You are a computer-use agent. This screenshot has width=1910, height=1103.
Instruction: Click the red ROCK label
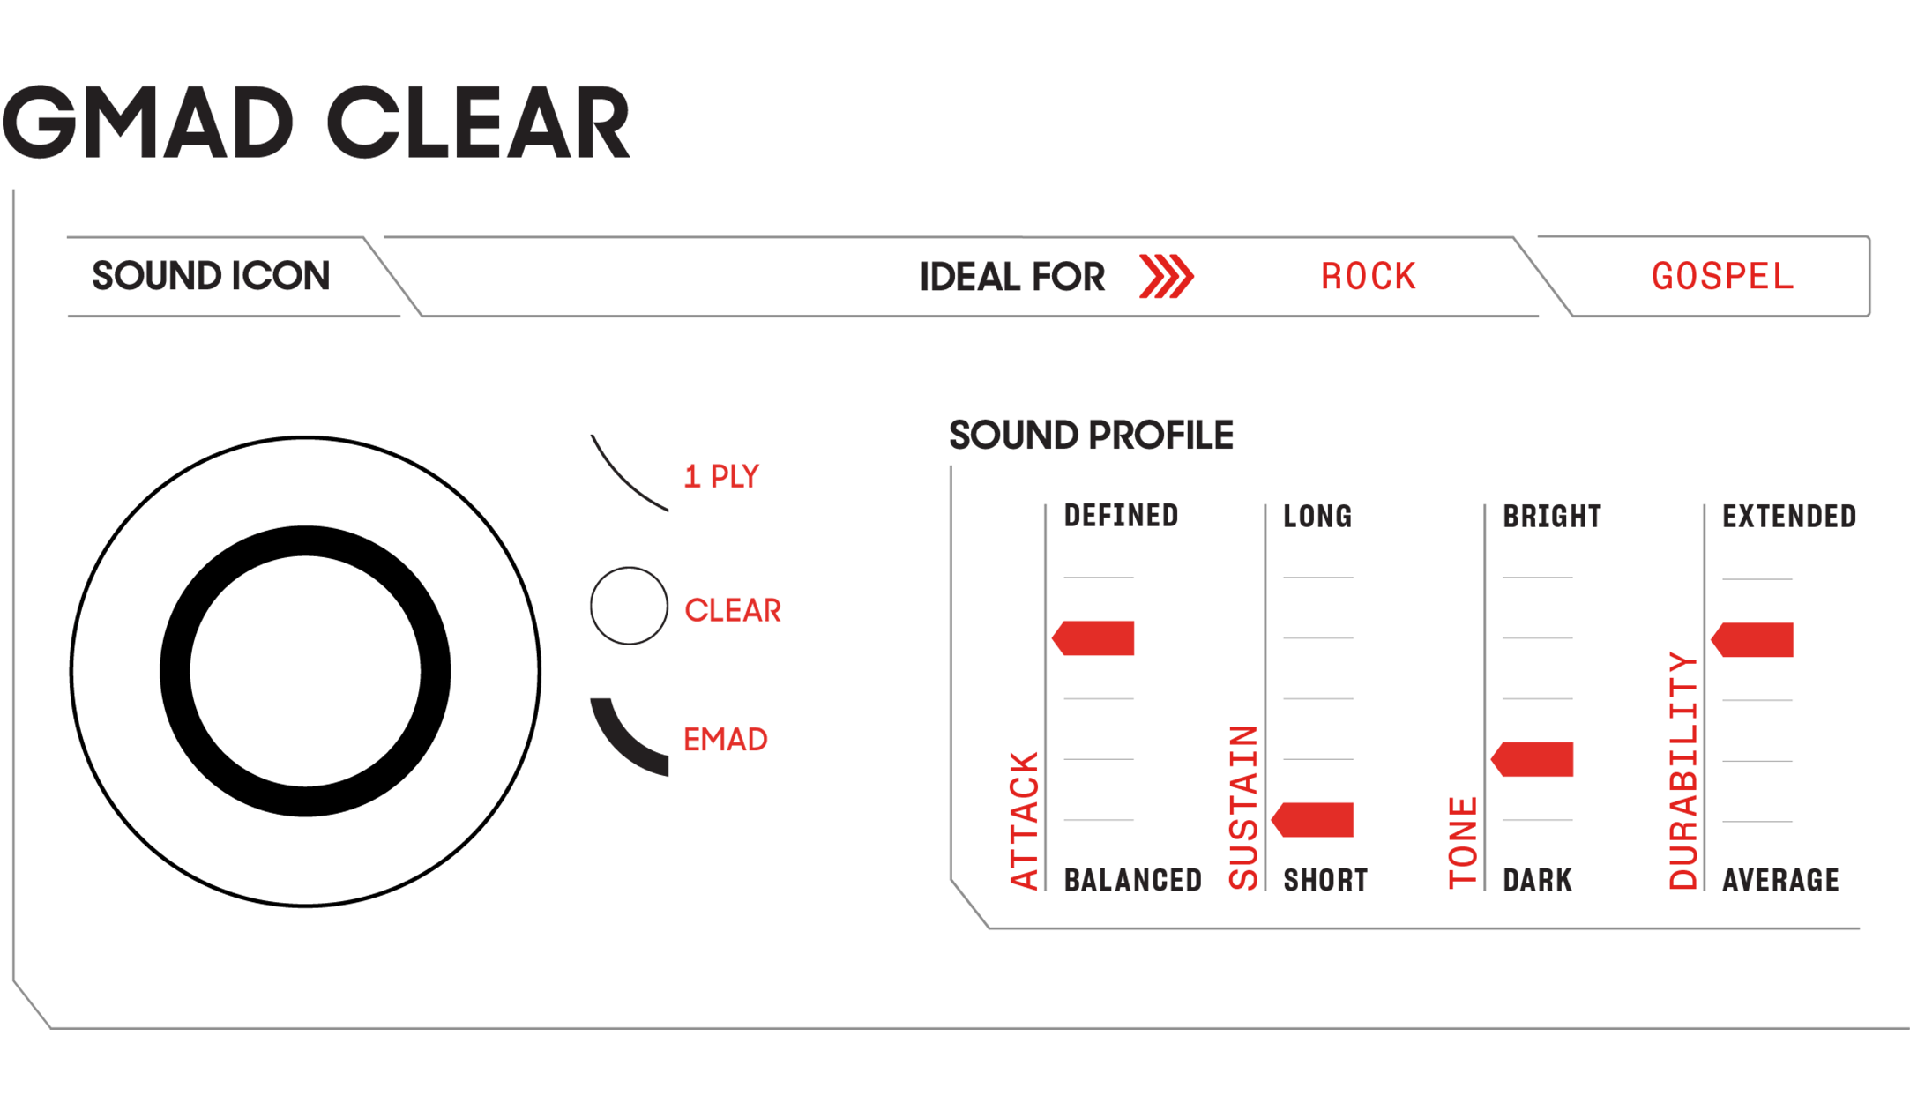(x=1368, y=277)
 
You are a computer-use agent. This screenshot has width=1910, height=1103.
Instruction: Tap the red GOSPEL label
(x=1721, y=277)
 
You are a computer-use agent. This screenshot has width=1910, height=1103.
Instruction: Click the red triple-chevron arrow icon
(x=1166, y=277)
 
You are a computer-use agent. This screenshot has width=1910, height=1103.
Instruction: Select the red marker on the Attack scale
(x=1094, y=638)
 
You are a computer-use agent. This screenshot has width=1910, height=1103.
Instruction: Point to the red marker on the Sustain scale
(x=1313, y=819)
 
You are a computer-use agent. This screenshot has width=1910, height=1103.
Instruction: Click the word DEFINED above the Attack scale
(x=1120, y=515)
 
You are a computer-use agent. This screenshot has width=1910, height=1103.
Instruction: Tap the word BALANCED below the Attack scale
(x=1132, y=879)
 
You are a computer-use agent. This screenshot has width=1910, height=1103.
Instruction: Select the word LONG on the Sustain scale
(x=1317, y=516)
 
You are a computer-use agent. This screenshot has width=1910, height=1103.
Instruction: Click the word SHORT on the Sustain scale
(x=1324, y=879)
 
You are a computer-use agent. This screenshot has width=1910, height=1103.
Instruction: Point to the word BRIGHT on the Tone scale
(x=1551, y=516)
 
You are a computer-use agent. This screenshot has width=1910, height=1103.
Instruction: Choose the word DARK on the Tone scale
(x=1537, y=879)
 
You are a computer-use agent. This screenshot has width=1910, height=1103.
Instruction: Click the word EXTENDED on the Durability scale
(x=1788, y=516)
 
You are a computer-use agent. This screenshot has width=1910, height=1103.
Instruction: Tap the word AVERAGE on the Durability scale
(x=1780, y=879)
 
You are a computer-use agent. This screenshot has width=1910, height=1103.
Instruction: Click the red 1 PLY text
(x=722, y=476)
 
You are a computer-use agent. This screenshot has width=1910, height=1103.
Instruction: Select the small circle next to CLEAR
(x=629, y=606)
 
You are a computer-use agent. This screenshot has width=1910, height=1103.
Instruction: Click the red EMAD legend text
(x=726, y=739)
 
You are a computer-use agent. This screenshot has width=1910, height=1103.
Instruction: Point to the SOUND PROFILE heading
(x=1091, y=435)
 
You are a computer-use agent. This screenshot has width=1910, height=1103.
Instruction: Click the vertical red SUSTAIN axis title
(x=1243, y=807)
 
